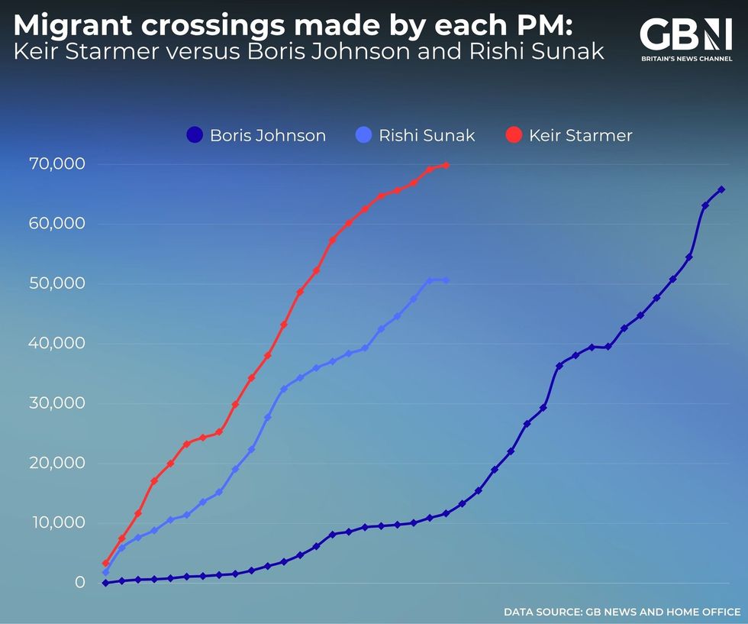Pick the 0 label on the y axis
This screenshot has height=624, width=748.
pos(79,583)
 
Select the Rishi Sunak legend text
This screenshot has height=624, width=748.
pos(427,136)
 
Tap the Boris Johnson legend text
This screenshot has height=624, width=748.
pos(268,136)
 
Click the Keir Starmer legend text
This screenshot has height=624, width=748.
pos(580,136)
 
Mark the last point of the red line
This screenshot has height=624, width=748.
pos(446,165)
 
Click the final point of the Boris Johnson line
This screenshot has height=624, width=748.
pos(721,189)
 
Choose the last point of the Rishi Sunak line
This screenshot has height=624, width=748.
pos(446,280)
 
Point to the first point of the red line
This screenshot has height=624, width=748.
pos(105,564)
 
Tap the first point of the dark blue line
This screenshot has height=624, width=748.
pos(105,583)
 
